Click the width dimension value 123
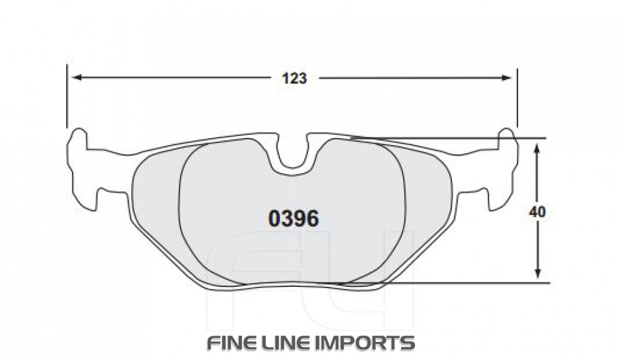294,78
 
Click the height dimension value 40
537,212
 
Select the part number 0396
294,219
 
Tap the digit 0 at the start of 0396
274,219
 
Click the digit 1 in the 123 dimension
285,78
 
